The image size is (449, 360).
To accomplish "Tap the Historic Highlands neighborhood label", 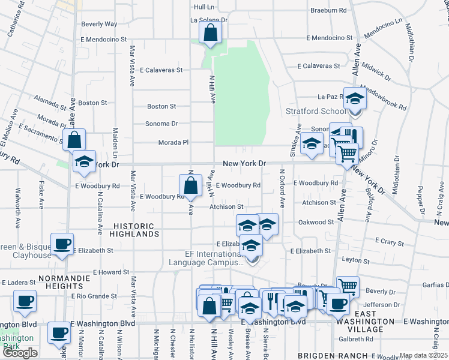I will pos(134,230).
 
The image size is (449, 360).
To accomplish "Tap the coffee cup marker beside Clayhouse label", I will pos(62,244).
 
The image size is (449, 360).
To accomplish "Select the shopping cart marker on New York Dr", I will pos(346,154).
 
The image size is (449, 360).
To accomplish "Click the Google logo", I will pos(20,353).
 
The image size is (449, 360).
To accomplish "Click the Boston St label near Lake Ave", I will pos(92,103).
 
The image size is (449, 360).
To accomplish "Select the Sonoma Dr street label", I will pos(162,124).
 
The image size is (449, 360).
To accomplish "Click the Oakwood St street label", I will pos(316,222).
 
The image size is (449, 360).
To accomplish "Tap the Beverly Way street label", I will pos(99,24).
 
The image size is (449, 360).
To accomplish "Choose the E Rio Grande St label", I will pos(94,296).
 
